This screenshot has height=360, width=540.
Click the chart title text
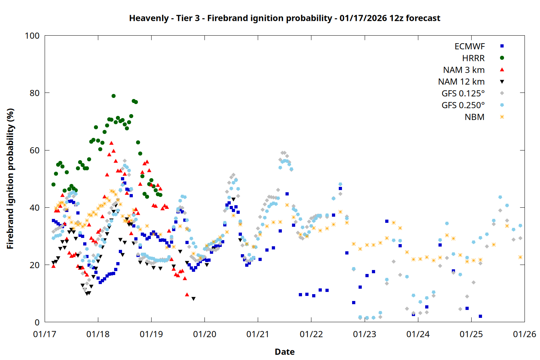[x=284, y=18]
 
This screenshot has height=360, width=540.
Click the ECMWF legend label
[x=469, y=46]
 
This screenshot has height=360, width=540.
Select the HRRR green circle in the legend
[x=502, y=58]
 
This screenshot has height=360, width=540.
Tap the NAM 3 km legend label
[x=464, y=70]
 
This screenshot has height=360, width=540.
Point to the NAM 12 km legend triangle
[x=502, y=82]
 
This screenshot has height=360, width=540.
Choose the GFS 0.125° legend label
[x=463, y=94]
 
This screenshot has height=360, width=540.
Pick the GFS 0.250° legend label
[x=463, y=105]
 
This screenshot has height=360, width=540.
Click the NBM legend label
[x=474, y=117]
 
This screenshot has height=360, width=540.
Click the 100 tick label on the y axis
[x=32, y=36]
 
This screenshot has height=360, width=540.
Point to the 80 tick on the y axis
[x=35, y=93]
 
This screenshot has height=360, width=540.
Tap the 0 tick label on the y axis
[x=37, y=322]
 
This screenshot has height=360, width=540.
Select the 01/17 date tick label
[x=45, y=334]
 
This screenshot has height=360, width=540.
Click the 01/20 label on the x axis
[x=204, y=334]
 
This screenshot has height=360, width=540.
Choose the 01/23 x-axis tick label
[x=364, y=334]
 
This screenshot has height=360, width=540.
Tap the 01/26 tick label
[x=524, y=334]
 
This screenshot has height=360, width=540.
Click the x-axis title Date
[x=284, y=352]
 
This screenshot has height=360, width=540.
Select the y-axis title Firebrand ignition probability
[x=10, y=179]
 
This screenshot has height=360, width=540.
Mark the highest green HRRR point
[x=113, y=96]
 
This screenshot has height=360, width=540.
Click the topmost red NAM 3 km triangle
[x=111, y=143]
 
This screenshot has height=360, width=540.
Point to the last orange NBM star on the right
[x=520, y=257]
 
